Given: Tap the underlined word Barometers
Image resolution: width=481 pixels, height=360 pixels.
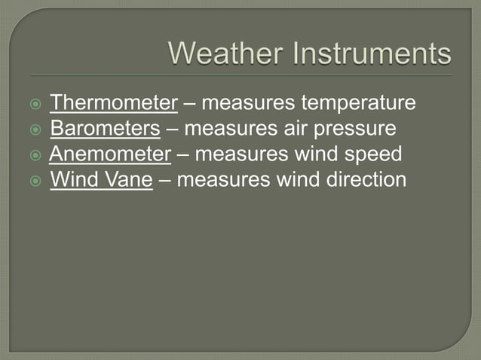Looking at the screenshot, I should [x=105, y=129].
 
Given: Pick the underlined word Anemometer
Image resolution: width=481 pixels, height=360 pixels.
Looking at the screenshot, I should [x=110, y=154].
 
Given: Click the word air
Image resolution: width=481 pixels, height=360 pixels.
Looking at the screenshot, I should [x=293, y=129].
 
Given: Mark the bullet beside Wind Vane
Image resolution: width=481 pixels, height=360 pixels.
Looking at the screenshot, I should [x=35, y=182].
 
